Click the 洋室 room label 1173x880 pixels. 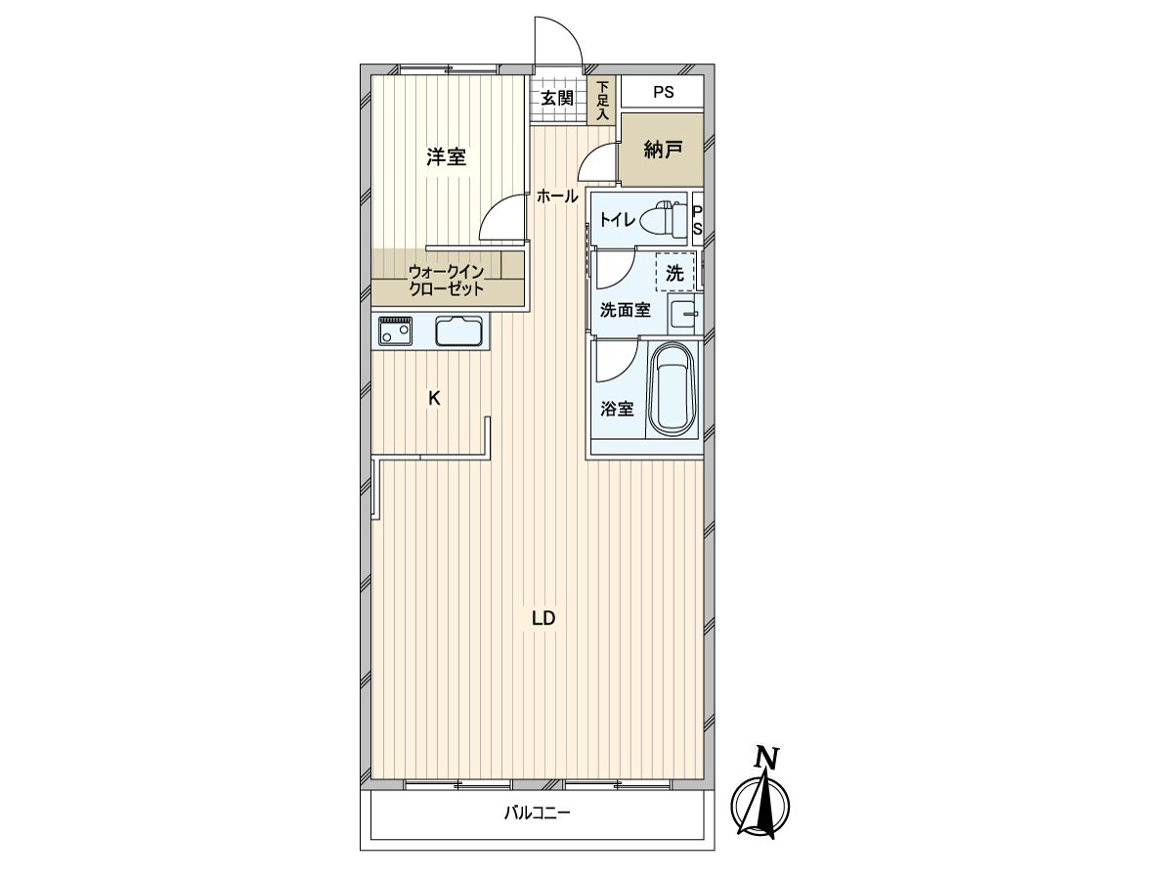(446, 156)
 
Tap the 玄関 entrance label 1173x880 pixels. (557, 98)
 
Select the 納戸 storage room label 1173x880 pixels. (663, 150)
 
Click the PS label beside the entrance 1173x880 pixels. (664, 94)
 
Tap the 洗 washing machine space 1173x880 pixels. (674, 273)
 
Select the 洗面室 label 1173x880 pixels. (625, 311)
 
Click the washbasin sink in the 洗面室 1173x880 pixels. (684, 314)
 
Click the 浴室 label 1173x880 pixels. (617, 409)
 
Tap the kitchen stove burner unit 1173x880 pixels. (395, 331)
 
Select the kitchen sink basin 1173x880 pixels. (458, 332)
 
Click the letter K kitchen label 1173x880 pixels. (434, 398)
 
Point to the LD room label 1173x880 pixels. (543, 618)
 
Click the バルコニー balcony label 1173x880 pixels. (537, 813)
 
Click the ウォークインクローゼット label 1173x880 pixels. (446, 280)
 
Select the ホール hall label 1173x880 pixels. (556, 197)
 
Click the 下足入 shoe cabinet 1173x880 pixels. (603, 101)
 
